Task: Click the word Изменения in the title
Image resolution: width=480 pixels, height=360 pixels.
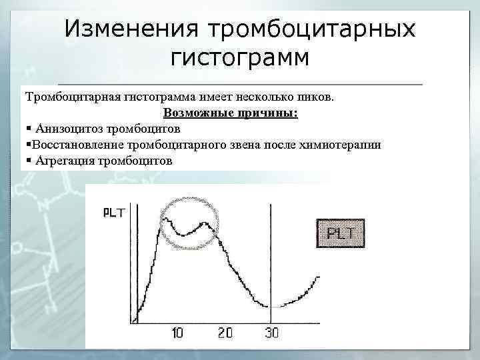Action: (x=131, y=29)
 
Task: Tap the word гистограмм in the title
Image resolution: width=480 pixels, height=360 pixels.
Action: (x=240, y=58)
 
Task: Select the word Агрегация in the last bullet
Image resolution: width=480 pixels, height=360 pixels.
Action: (x=65, y=161)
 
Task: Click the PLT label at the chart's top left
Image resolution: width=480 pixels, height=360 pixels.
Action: (x=114, y=213)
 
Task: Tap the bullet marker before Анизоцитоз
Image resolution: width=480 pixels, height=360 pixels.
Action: (x=28, y=129)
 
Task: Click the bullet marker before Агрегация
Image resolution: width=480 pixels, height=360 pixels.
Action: (x=28, y=161)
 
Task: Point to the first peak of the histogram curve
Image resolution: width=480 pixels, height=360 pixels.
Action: (x=164, y=215)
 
